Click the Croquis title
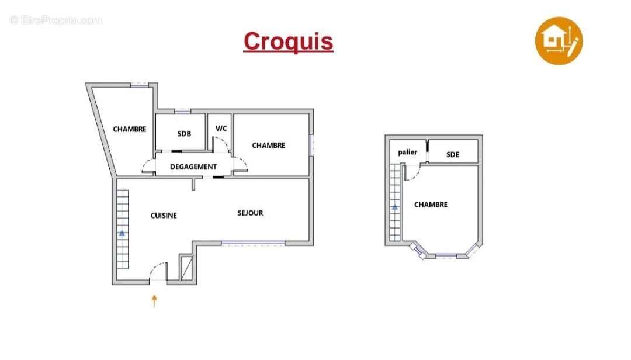tap(288, 41)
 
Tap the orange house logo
tap(559, 41)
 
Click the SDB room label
tap(184, 134)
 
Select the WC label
tap(221, 129)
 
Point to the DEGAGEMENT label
tap(193, 167)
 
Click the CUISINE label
tap(164, 216)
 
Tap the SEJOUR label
tap(250, 213)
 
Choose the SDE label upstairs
tap(453, 155)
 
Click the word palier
tap(407, 152)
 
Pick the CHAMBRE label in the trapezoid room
tap(129, 129)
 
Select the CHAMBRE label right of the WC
tap(268, 146)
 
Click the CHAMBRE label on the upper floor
tap(431, 205)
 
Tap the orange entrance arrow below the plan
tap(154, 301)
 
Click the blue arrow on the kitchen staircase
tap(122, 233)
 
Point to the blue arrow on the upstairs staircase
tap(395, 207)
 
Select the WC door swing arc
tap(223, 141)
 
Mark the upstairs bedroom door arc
tap(414, 175)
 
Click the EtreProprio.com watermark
tap(56, 20)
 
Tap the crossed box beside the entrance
tap(186, 268)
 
